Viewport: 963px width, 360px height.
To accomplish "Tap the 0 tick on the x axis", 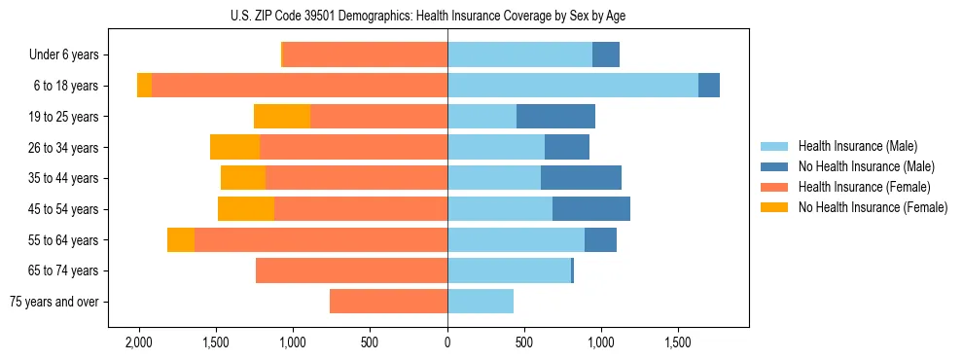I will coord(447,342).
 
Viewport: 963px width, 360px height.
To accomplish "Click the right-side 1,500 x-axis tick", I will coord(678,342).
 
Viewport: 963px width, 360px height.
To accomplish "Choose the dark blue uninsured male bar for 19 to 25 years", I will coord(555,117).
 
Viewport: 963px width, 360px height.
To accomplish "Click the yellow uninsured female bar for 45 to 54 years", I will coord(246,209).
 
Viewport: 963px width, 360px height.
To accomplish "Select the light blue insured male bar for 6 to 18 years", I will coord(573,86).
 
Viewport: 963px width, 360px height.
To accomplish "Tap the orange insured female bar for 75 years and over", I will coord(388,302).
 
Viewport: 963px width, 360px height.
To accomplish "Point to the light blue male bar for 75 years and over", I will coord(481,302).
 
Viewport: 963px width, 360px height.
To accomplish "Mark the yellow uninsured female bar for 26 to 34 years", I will coord(234,148).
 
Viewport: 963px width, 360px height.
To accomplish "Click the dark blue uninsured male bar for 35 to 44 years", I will coord(581,178).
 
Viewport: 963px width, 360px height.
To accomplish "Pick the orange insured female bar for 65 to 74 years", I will coord(351,270).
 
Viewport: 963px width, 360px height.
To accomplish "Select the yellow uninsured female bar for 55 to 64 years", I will coord(180,240).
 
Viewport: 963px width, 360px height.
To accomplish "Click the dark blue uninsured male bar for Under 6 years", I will coord(606,55).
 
